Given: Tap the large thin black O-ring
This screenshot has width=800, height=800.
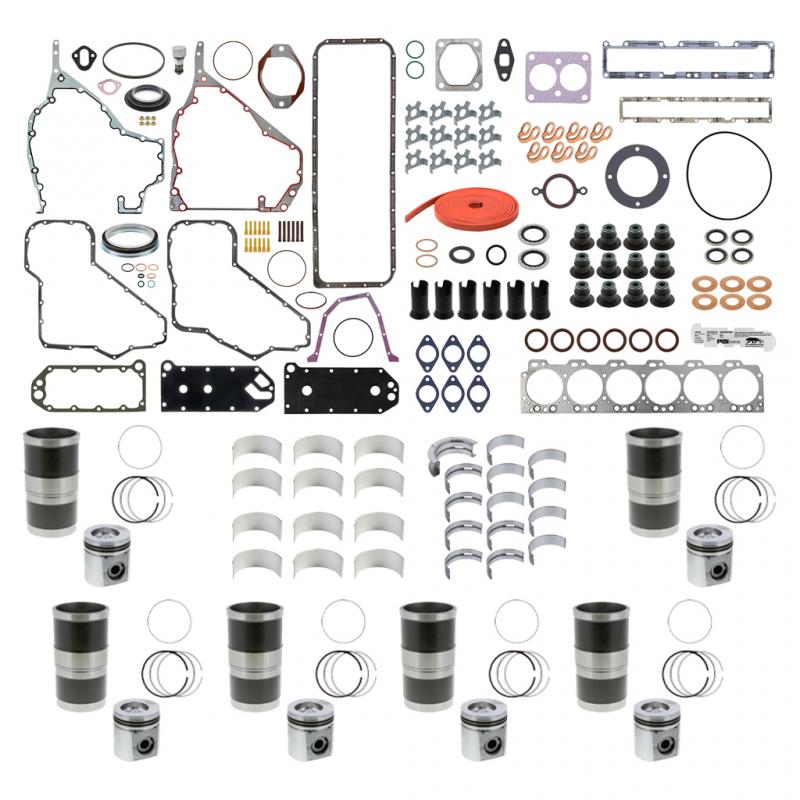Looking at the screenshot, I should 729,172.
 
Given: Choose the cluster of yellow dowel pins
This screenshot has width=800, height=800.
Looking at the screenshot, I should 257,238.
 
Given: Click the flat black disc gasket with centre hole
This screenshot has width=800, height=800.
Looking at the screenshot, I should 630,172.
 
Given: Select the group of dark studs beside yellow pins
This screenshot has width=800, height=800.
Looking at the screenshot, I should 291,231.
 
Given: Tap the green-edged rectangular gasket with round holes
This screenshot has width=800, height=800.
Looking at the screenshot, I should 71,384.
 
